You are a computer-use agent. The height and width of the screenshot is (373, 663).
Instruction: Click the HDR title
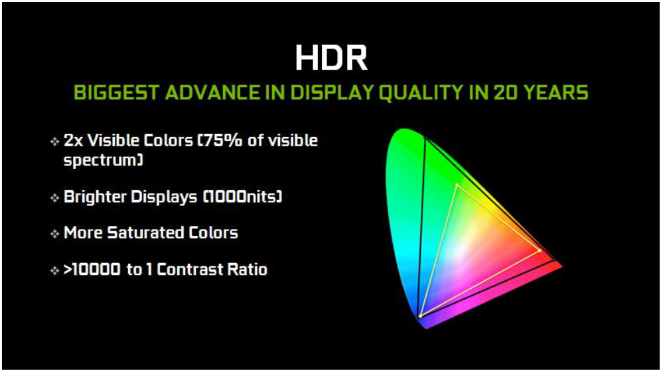(x=332, y=58)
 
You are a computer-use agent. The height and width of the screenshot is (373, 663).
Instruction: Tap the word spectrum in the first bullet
(x=102, y=160)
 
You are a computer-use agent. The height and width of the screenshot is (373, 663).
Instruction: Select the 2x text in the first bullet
(x=73, y=140)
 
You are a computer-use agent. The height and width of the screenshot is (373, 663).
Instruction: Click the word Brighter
(x=94, y=197)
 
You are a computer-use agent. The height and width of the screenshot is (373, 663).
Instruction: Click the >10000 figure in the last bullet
(x=92, y=270)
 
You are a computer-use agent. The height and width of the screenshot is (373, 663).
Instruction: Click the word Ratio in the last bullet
(x=248, y=270)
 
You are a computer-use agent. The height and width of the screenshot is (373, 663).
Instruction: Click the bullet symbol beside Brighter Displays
(x=54, y=197)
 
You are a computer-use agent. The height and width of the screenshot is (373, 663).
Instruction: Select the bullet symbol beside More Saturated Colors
(x=54, y=233)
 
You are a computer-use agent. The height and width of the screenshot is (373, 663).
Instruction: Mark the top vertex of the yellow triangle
(x=457, y=185)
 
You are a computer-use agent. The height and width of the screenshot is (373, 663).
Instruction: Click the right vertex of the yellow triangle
(x=540, y=250)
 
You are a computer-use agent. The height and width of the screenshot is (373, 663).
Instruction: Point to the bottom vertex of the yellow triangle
(x=421, y=315)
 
